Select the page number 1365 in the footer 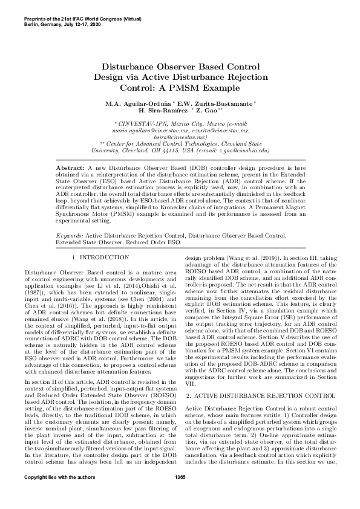tap(180, 495)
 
